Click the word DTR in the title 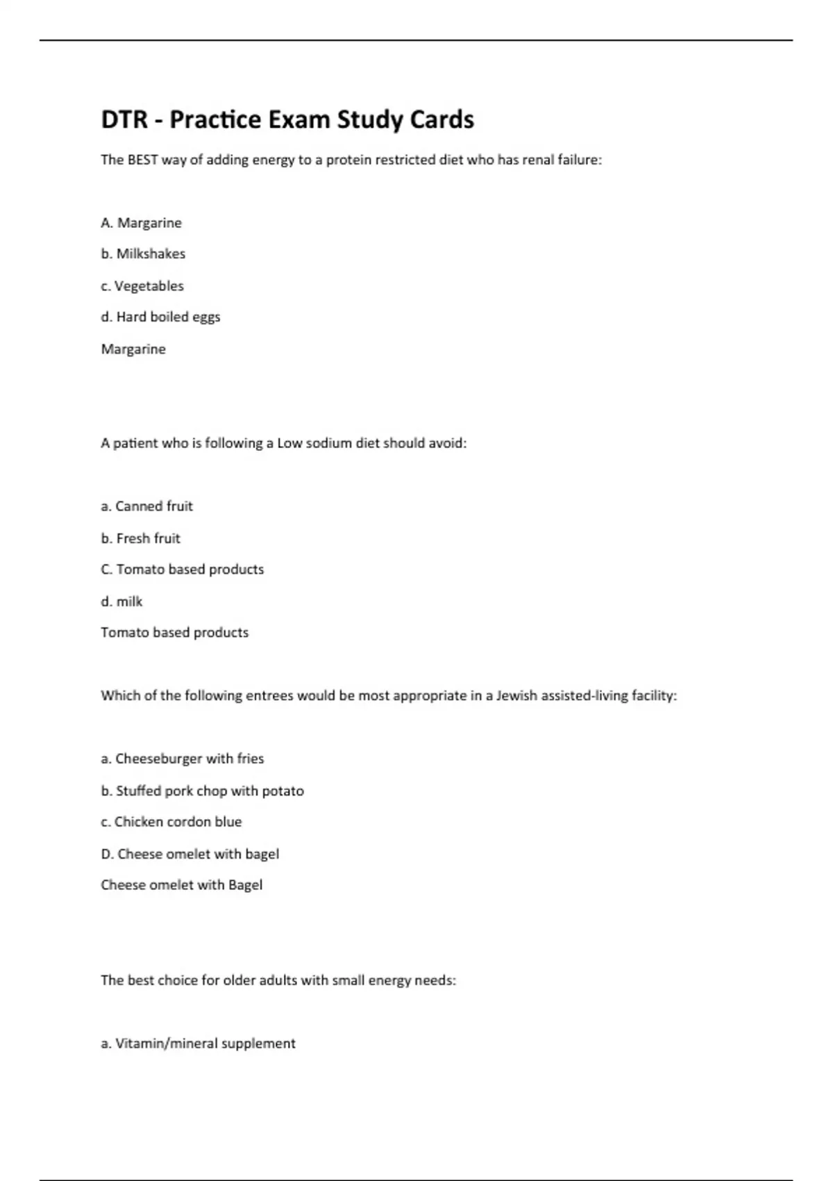(124, 120)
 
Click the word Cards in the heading (441, 120)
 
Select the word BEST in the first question (143, 160)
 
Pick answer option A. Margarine (141, 223)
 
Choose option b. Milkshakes (143, 254)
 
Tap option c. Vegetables (142, 286)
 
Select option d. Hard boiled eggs (160, 317)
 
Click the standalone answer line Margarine (133, 349)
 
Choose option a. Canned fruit (146, 506)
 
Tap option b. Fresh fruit (140, 538)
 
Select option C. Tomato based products (182, 570)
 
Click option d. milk (121, 602)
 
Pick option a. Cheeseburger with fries (182, 759)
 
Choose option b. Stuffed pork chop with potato (202, 791)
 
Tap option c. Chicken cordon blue (171, 823)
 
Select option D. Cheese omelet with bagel (190, 854)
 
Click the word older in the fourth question (239, 981)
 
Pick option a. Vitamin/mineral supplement (198, 1044)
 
